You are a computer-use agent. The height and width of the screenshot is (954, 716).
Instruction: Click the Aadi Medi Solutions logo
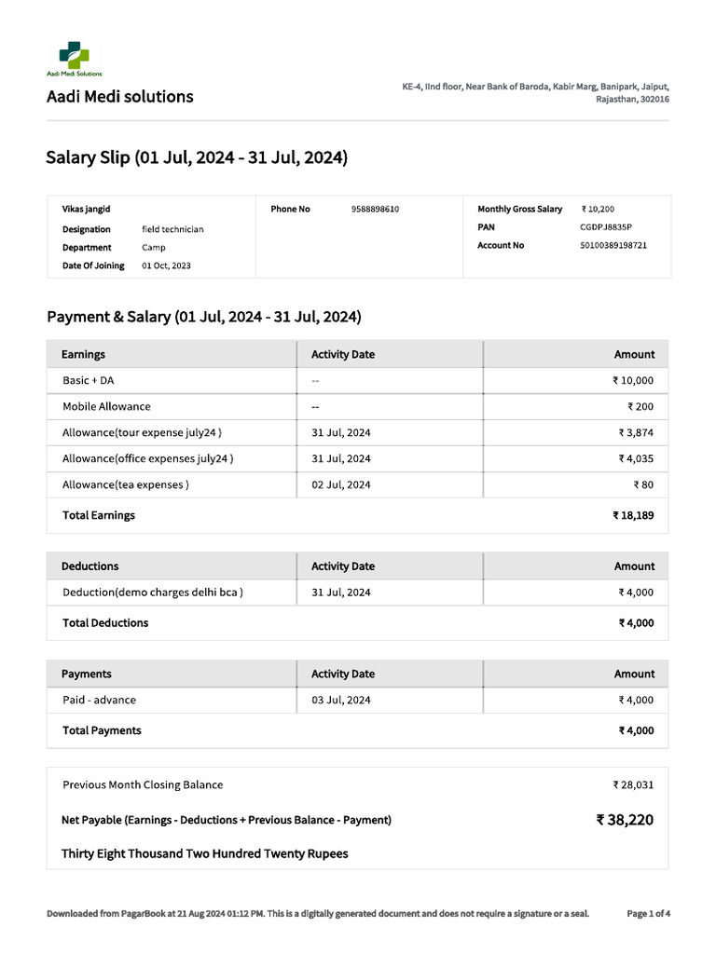point(74,57)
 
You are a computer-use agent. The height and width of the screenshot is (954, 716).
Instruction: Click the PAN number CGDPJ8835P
point(605,227)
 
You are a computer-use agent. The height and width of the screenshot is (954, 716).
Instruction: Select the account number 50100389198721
point(613,246)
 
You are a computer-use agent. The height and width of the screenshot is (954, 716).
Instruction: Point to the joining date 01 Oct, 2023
point(166,266)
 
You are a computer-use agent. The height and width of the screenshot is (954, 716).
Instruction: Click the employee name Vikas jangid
point(86,210)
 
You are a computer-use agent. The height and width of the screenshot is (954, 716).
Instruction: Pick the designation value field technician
point(172,229)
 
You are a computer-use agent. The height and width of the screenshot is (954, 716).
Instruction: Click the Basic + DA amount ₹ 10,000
point(633,381)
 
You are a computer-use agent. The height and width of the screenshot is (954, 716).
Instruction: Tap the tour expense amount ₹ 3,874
point(636,433)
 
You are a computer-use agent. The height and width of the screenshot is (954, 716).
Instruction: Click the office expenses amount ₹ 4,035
point(636,459)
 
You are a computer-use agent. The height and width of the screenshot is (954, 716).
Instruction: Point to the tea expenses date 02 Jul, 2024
point(340,485)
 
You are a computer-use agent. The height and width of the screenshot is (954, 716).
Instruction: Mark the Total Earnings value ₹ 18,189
point(633,515)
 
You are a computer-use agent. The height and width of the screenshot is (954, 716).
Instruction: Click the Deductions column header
point(89,566)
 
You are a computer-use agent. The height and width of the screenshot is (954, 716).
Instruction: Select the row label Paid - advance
point(99,701)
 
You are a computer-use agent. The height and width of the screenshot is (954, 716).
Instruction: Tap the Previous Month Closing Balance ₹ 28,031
point(633,785)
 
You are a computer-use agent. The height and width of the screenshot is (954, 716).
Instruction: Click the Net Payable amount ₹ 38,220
point(625,821)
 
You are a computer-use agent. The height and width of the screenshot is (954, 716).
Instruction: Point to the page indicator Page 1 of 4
point(648,914)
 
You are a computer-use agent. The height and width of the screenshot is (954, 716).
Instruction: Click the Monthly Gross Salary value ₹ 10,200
point(598,210)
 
